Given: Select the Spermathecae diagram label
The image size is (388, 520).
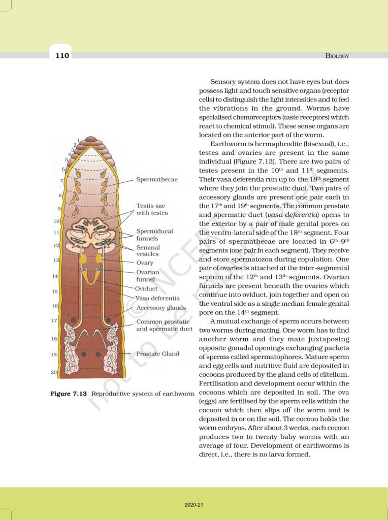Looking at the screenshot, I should [156, 180].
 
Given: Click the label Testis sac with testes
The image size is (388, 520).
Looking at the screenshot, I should [152, 210].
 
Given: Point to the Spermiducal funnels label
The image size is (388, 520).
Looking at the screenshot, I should [154, 235].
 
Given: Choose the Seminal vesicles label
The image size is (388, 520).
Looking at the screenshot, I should [148, 251].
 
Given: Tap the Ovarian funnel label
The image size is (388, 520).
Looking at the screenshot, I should [147, 275].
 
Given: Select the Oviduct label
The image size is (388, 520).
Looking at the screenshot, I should [146, 288].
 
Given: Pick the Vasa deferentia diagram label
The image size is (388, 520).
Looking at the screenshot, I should [157, 298].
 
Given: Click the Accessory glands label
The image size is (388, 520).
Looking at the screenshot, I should [161, 308].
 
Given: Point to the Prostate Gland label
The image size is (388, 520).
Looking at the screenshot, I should [157, 354].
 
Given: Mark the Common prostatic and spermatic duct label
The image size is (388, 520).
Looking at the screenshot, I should [164, 325].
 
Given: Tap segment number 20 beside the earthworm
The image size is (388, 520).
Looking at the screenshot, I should [54, 372].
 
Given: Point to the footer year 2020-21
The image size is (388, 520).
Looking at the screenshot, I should [193, 505].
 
